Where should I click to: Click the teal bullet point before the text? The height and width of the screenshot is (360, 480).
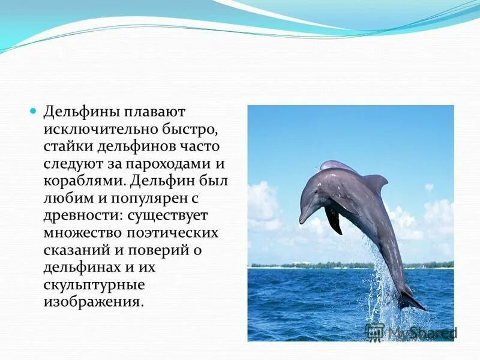coord(34,112)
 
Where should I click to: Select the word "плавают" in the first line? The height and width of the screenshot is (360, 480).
coord(155,112)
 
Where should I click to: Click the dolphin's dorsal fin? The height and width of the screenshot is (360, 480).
coord(376,180)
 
